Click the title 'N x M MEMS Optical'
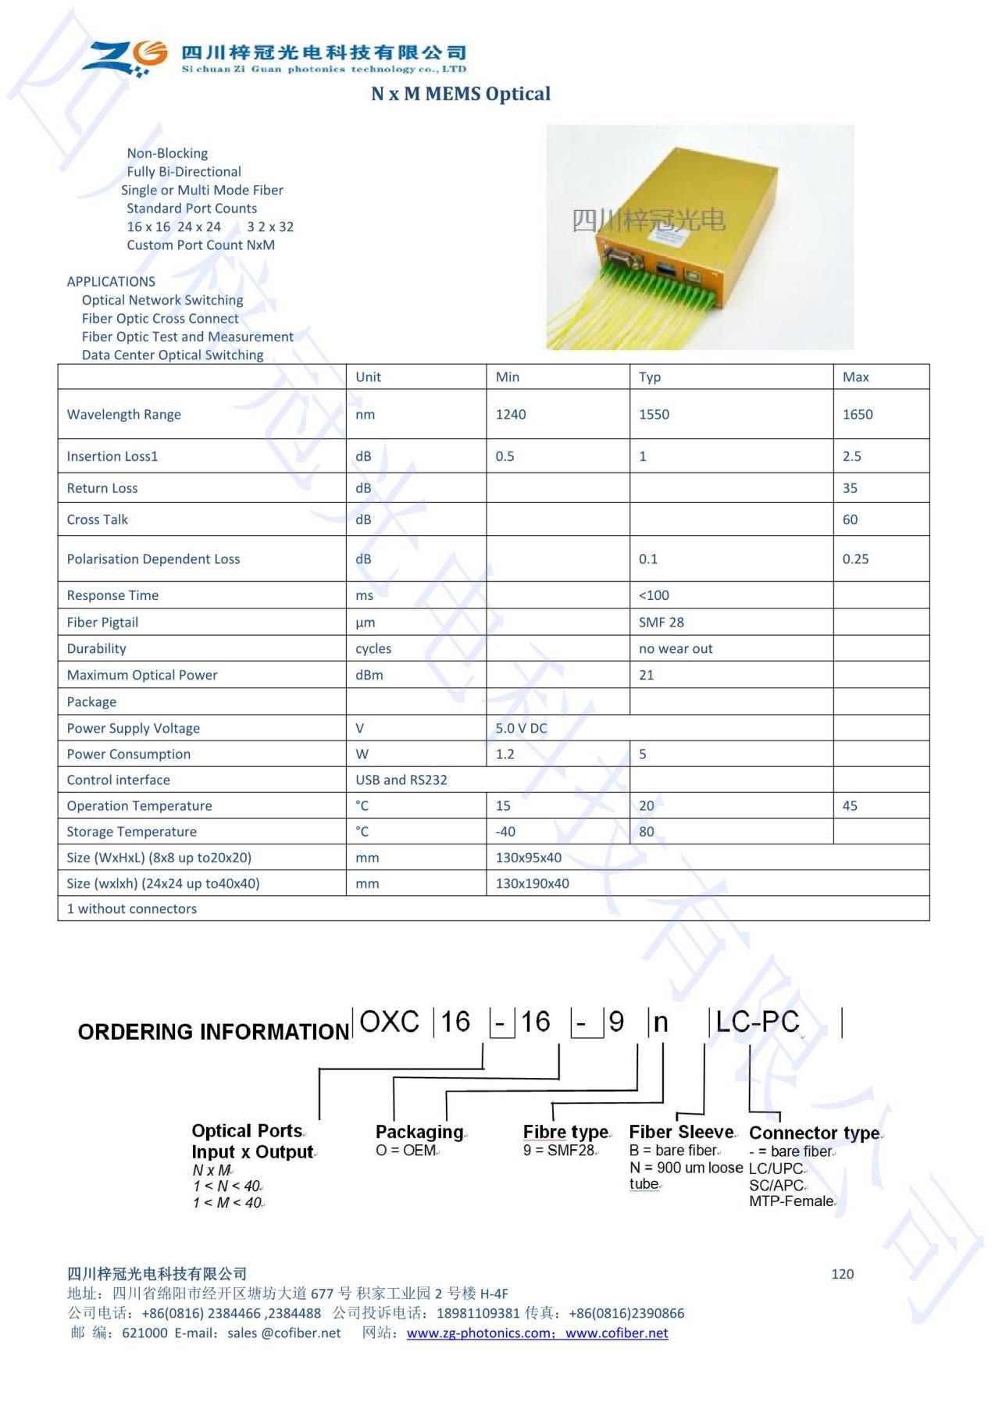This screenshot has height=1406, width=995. coord(460,94)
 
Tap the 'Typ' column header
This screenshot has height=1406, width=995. coord(649,377)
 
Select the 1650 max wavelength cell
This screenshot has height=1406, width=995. coord(857,415)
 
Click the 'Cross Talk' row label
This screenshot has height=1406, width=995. coord(97,519)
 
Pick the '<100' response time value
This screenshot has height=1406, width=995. coord(654,595)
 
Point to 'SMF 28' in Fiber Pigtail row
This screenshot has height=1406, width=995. coord(661,623)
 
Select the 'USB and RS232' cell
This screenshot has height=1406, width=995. coord(401,780)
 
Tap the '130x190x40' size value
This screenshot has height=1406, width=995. coord(532,883)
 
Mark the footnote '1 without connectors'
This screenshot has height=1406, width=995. coord(131,908)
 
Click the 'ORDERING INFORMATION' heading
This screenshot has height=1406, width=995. coord(213,1032)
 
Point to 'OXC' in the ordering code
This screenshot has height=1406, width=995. coord(389,1022)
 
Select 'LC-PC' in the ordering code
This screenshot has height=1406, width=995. coord(757,1022)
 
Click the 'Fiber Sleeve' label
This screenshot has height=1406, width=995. coord(681,1132)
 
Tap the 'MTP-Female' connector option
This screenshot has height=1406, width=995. coord(790,1201)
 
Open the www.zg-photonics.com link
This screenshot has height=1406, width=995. coord(479,1333)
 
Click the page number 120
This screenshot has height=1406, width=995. coord(842,1274)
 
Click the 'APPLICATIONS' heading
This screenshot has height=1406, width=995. coord(111,282)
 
